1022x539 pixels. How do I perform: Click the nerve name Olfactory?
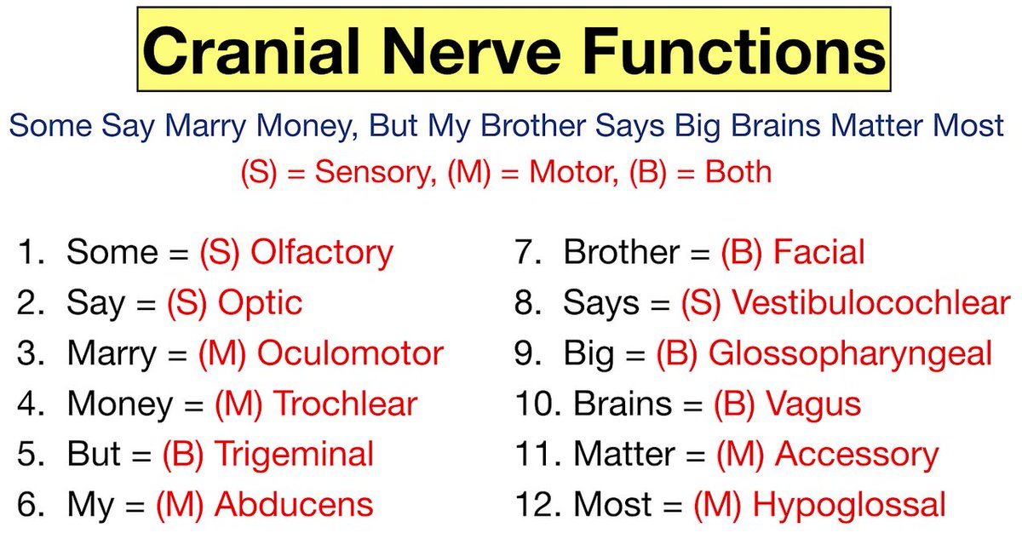point(322,252)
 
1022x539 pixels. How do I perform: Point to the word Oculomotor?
point(350,353)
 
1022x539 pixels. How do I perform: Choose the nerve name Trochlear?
point(345,404)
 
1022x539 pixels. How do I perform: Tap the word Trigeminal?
point(294,454)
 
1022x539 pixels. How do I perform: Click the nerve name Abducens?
point(294,504)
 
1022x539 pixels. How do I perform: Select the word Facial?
point(818,252)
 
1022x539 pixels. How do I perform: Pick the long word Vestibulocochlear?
point(871,302)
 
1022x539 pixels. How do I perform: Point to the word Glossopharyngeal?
point(850,353)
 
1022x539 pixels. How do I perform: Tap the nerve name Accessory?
point(857,454)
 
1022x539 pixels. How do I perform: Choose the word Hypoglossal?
point(849,504)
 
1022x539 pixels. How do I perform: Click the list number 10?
point(533,404)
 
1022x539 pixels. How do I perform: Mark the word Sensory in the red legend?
point(370,173)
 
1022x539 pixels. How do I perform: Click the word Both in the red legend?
point(738,173)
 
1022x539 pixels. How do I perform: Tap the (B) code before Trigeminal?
point(182,454)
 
